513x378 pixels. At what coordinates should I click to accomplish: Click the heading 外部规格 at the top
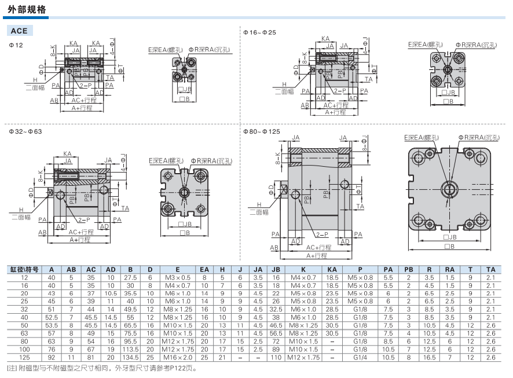tap(28, 10)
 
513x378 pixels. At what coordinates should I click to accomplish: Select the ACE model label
tap(20, 31)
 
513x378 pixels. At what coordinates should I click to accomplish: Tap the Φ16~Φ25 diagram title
tap(259, 32)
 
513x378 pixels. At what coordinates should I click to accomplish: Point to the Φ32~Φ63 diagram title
tap(25, 132)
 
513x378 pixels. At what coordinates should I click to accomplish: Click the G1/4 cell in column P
tap(361, 357)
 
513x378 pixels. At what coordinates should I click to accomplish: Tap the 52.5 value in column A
tap(51, 317)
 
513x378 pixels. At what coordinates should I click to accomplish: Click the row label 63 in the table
tap(24, 333)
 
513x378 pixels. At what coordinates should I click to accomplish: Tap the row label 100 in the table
tap(24, 349)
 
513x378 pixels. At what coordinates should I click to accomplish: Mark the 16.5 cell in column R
tap(429, 357)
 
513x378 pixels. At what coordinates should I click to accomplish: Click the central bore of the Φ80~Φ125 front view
tap(449, 189)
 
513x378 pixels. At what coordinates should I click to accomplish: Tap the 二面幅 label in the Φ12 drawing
tap(34, 87)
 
